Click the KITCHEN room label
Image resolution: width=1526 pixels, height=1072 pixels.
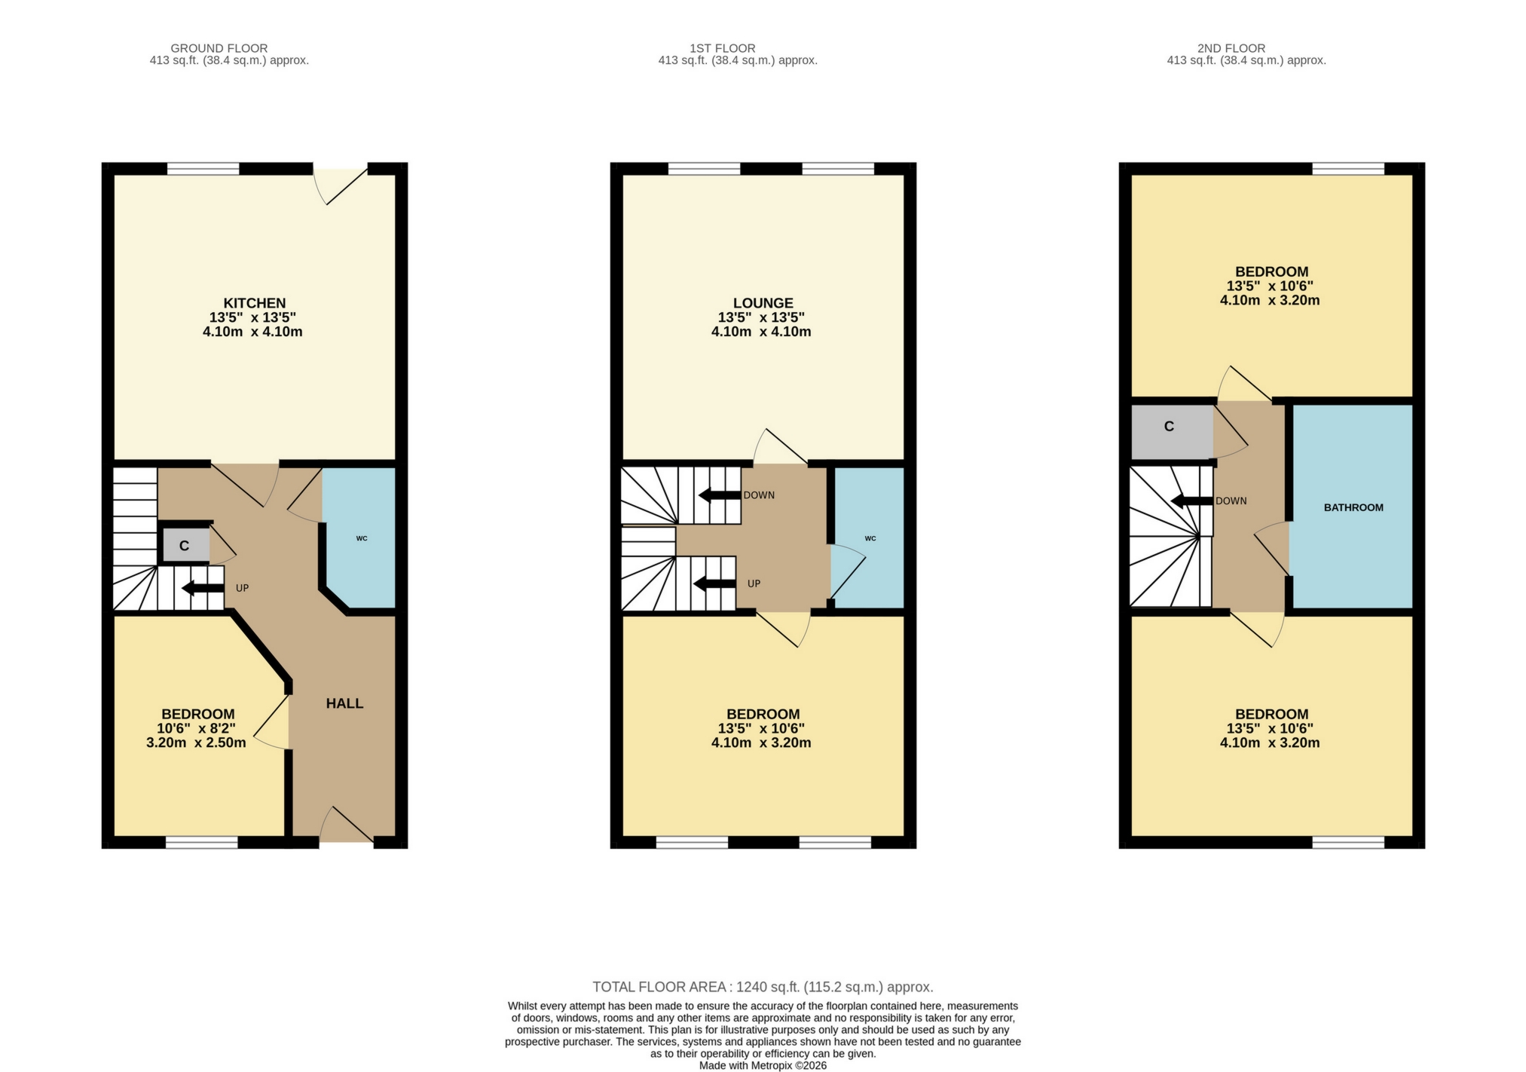(254, 303)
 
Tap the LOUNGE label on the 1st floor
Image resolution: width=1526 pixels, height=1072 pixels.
(762, 303)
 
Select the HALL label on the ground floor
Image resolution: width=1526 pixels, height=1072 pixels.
(344, 703)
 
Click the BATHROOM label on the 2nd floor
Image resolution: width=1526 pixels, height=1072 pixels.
(1353, 507)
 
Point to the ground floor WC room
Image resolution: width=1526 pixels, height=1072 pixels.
(361, 538)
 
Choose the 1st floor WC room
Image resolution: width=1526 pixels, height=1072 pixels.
(870, 538)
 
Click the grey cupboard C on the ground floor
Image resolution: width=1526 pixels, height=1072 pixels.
(184, 546)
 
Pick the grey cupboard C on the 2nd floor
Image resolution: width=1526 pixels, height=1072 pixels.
(1170, 427)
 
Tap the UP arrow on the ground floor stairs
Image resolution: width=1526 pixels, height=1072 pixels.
(198, 588)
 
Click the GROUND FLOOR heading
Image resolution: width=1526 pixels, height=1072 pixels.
(219, 48)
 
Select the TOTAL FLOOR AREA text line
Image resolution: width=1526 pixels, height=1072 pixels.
(763, 987)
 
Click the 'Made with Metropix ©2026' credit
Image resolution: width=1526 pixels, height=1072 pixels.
(763, 1065)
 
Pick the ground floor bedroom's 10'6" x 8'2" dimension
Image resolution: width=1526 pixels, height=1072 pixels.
(196, 728)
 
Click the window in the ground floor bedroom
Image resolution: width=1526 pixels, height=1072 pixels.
(202, 843)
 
